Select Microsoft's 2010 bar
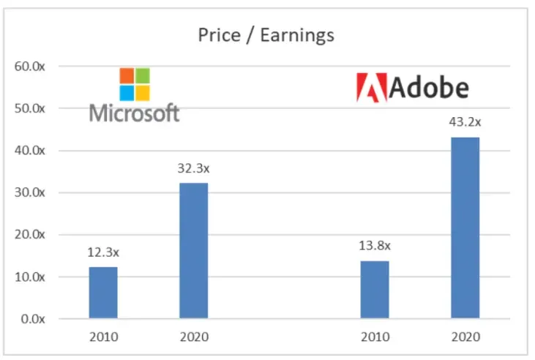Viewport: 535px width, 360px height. pyautogui.click(x=103, y=293)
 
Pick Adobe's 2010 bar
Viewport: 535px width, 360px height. pyautogui.click(x=375, y=290)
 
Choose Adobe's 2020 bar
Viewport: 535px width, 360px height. pyautogui.click(x=465, y=228)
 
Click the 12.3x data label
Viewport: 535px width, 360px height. pyautogui.click(x=103, y=252)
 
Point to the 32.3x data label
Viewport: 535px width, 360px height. pyautogui.click(x=194, y=168)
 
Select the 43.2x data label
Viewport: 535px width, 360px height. pyautogui.click(x=465, y=122)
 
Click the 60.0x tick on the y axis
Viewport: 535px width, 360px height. pyautogui.click(x=29, y=67)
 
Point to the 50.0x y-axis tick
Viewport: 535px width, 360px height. pyautogui.click(x=29, y=108)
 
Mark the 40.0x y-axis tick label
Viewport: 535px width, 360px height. pyautogui.click(x=29, y=151)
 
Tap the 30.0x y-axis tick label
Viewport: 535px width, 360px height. pyautogui.click(x=29, y=192)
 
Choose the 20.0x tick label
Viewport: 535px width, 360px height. pyautogui.click(x=29, y=235)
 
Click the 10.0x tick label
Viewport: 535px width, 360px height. pyautogui.click(x=29, y=277)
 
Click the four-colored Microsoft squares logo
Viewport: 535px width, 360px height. pyautogui.click(x=135, y=83)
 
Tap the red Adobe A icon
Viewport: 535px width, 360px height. pyautogui.click(x=370, y=87)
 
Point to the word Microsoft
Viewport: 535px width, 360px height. pyautogui.click(x=135, y=112)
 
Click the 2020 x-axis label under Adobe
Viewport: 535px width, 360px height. pyautogui.click(x=465, y=337)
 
